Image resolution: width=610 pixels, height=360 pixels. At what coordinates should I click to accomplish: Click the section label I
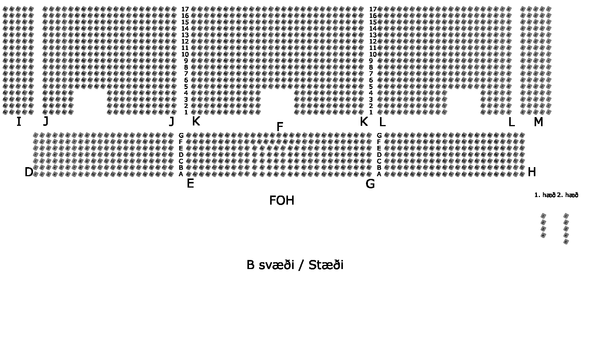(x=19, y=122)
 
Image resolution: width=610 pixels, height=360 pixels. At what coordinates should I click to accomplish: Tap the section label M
(x=538, y=122)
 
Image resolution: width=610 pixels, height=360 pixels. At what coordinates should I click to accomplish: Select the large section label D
(x=29, y=172)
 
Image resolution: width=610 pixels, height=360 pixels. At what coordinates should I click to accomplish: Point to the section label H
(x=532, y=172)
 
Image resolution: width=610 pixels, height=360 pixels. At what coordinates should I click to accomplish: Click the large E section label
(x=190, y=184)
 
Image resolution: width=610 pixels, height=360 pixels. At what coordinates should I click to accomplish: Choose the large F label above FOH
(x=280, y=127)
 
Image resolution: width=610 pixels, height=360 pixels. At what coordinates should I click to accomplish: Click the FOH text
(x=282, y=200)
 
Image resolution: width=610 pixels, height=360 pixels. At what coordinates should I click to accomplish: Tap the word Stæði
(x=326, y=265)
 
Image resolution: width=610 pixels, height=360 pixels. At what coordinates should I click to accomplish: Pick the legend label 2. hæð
(x=568, y=195)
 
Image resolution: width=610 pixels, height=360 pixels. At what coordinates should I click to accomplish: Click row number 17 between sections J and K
(x=185, y=9)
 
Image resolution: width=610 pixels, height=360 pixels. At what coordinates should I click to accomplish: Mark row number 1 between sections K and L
(x=371, y=112)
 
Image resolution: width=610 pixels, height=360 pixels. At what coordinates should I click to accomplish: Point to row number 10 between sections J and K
(x=185, y=54)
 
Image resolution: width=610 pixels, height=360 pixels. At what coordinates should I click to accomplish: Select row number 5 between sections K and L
(x=371, y=86)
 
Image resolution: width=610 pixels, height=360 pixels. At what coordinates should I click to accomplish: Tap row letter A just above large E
(x=181, y=174)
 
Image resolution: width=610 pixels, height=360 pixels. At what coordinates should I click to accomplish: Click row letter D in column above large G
(x=379, y=155)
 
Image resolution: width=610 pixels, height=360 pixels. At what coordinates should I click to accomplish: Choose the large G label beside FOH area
(x=370, y=184)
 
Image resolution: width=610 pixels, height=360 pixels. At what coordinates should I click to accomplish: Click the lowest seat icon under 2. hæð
(x=566, y=242)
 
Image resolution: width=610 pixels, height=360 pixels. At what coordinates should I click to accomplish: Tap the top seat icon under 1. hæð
(x=543, y=216)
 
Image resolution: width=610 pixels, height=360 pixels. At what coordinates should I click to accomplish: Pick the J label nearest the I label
(x=46, y=121)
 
